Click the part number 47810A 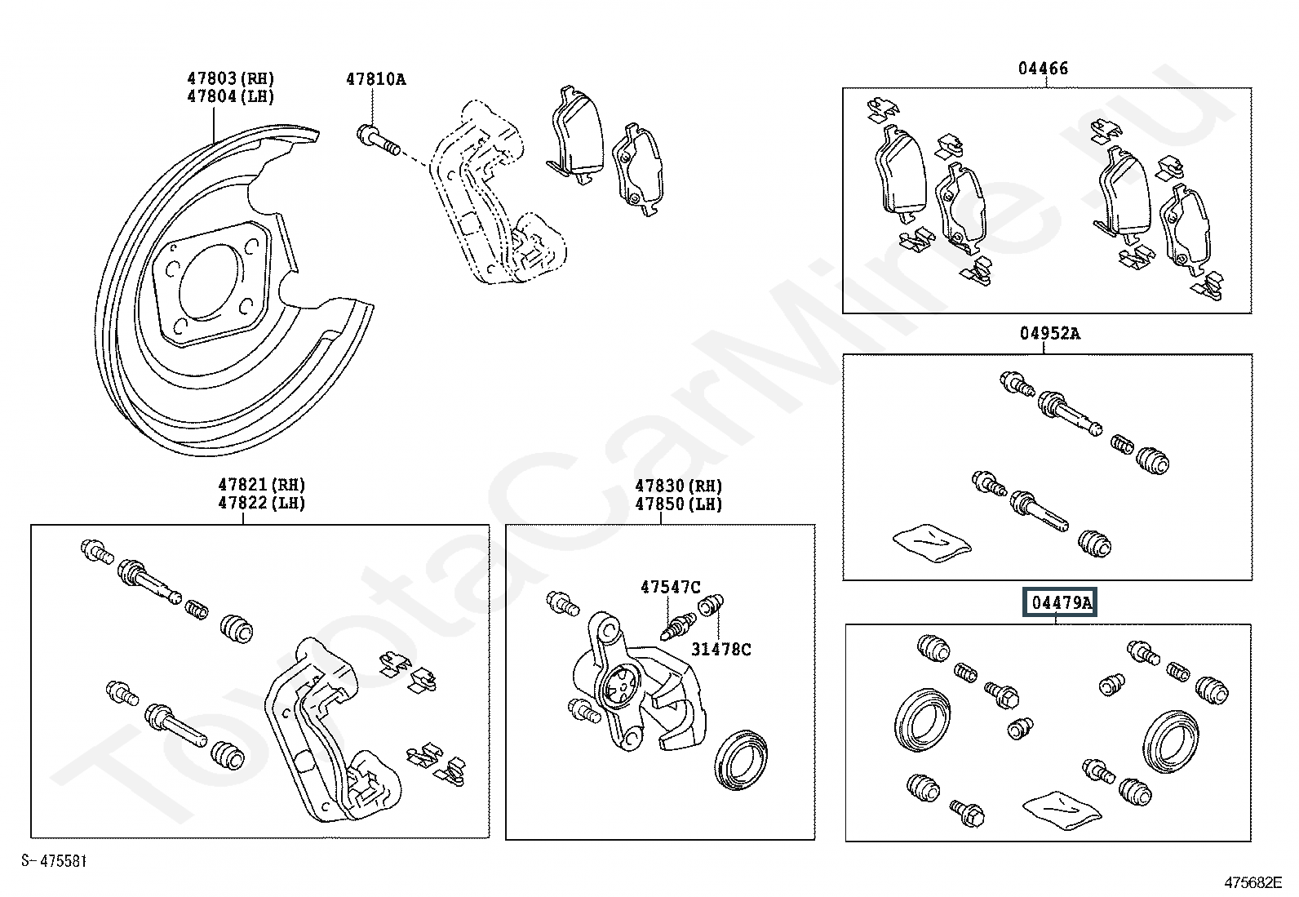click(x=375, y=79)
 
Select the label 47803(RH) click(x=230, y=78)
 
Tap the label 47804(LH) click(x=230, y=96)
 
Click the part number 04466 click(x=1042, y=69)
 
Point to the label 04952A click(x=1049, y=333)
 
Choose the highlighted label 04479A click(x=1062, y=603)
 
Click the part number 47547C click(x=670, y=587)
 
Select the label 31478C click(x=721, y=650)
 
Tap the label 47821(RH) click(x=261, y=486)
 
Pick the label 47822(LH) click(x=261, y=504)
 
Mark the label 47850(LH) click(x=679, y=504)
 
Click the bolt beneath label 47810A click(x=377, y=138)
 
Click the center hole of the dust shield click(x=209, y=281)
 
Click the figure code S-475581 click(x=54, y=861)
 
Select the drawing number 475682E click(x=1252, y=882)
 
